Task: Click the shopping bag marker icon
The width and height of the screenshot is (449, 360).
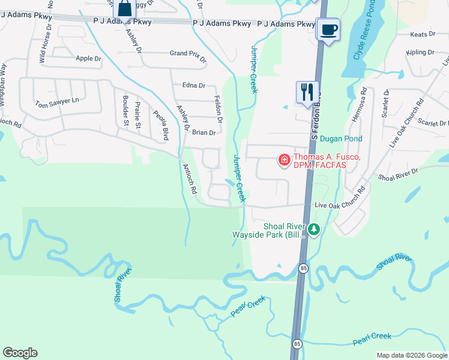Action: click(124, 9)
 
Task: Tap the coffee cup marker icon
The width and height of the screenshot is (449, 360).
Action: click(328, 29)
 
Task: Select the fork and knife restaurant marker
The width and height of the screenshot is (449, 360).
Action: click(307, 92)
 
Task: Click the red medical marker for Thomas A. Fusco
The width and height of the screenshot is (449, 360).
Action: click(283, 160)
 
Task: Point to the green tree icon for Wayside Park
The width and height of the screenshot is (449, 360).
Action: click(313, 229)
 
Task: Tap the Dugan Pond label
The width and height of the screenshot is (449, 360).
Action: click(341, 139)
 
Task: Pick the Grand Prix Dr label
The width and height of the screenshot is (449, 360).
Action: click(187, 53)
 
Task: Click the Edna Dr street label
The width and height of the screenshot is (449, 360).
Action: click(193, 86)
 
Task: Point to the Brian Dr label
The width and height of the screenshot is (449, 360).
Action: click(203, 133)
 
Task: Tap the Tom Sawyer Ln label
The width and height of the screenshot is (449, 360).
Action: click(58, 103)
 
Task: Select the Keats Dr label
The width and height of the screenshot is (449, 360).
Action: click(423, 35)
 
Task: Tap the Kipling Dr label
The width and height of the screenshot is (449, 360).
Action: click(420, 52)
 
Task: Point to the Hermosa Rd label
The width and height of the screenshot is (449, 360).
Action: click(358, 108)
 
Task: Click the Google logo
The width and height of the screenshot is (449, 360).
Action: click(20, 353)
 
